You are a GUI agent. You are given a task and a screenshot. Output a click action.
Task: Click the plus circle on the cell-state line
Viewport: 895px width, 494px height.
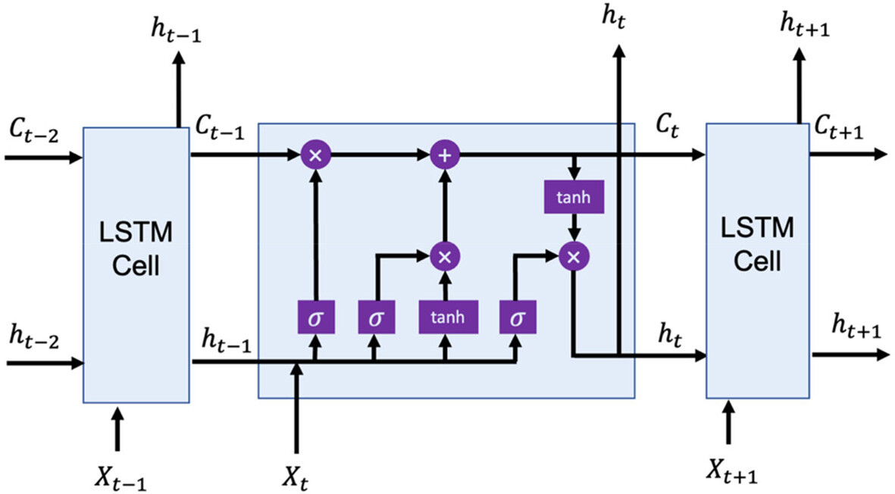(445, 155)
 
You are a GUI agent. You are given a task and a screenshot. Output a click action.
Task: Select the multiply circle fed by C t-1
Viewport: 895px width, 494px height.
(315, 155)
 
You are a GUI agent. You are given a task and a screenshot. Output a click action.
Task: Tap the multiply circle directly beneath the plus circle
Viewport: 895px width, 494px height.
(445, 256)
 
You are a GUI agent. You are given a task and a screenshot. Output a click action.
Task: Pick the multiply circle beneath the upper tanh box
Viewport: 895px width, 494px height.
(574, 256)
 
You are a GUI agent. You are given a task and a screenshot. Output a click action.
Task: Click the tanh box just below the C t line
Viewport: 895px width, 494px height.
(574, 197)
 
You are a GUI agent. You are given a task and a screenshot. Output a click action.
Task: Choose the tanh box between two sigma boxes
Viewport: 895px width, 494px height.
(445, 317)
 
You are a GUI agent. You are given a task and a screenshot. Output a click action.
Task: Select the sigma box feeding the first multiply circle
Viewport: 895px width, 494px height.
(315, 317)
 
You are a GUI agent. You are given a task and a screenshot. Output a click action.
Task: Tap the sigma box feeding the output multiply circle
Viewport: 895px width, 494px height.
(518, 317)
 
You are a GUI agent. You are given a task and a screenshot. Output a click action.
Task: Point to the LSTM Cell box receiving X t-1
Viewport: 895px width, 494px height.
(136, 264)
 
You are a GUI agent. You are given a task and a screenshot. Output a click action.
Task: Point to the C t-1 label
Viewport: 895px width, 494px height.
(219, 130)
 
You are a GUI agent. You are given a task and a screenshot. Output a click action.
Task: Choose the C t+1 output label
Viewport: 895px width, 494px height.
(839, 130)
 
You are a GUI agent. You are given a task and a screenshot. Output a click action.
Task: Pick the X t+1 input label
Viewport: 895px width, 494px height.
(732, 471)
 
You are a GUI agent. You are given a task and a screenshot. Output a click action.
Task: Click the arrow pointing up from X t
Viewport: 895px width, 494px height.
(297, 409)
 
